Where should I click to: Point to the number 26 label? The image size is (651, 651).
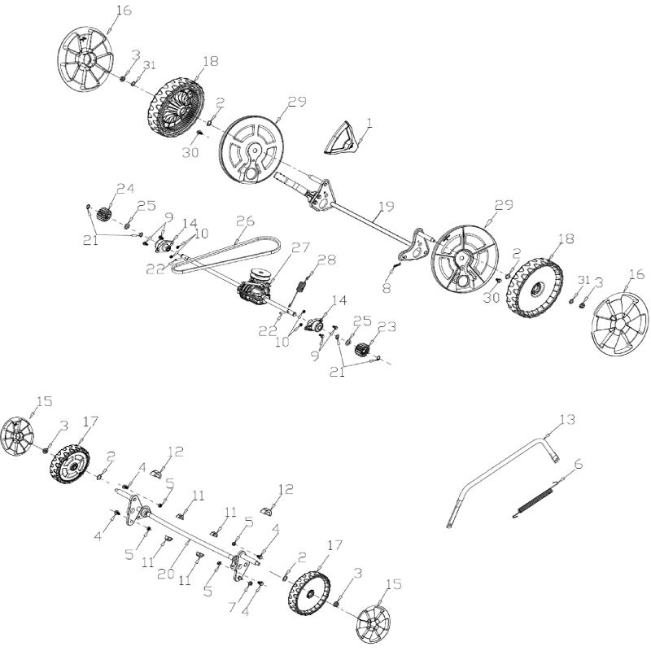(x=244, y=220)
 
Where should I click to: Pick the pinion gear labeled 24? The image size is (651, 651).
(x=103, y=213)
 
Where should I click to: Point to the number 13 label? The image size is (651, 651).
(x=566, y=419)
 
